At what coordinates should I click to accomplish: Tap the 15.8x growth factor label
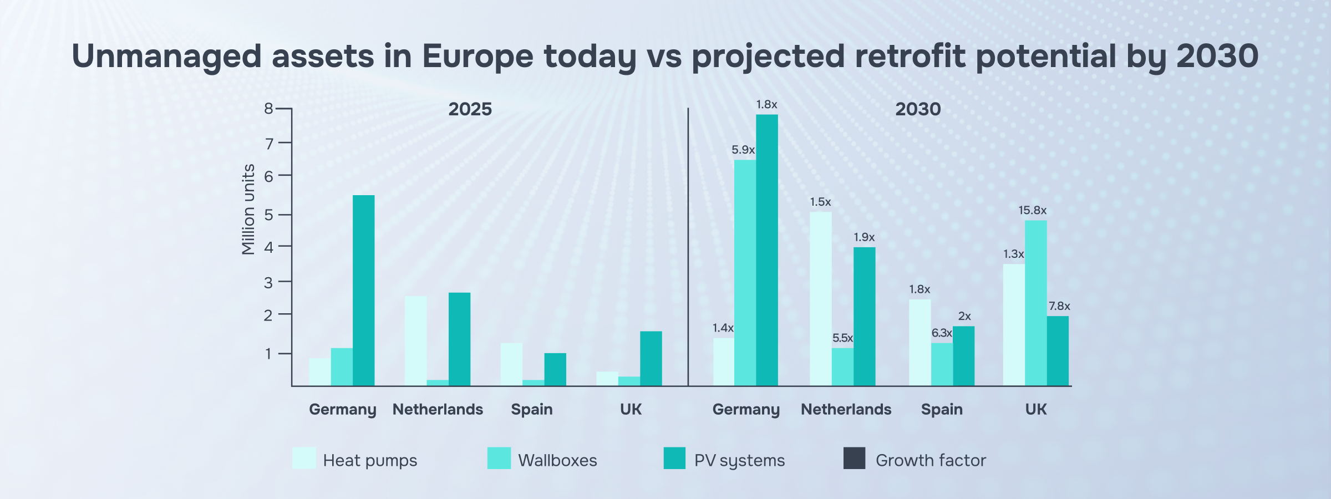pos(1032,211)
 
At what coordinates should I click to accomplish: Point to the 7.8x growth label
pos(1059,307)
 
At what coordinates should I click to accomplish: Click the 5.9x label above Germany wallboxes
pos(743,150)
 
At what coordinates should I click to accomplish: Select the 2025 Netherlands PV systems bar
pos(459,339)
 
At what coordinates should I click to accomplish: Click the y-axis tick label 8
pos(268,109)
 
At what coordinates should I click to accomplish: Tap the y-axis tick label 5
pos(268,215)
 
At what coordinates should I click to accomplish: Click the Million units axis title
pos(248,210)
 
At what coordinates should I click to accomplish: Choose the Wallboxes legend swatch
pos(499,459)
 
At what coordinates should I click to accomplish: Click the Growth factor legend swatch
pos(854,459)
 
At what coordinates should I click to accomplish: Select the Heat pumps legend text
pos(370,461)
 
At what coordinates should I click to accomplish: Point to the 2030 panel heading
pos(918,109)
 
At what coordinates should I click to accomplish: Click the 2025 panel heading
pos(470,109)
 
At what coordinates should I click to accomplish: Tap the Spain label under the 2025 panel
pos(531,410)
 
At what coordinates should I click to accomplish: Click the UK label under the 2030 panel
pos(1035,410)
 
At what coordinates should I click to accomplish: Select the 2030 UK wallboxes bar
pos(1035,303)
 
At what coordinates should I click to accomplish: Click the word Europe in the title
pos(477,57)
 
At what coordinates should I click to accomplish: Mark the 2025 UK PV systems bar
pos(651,358)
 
